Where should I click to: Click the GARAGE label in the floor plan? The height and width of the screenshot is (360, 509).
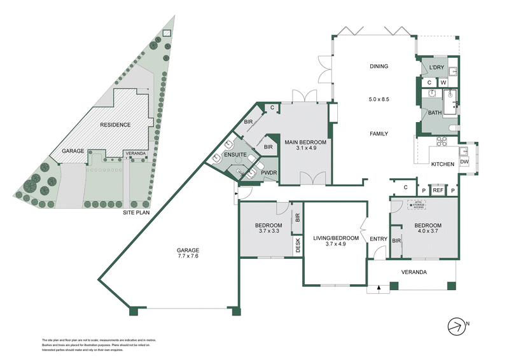[x=188, y=250]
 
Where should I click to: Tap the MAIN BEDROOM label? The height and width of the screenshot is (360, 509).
[x=305, y=141]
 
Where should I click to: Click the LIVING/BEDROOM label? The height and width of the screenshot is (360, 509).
[x=336, y=238]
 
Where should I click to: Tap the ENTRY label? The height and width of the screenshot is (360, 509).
[x=379, y=239]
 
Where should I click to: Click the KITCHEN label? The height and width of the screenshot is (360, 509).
[x=443, y=164]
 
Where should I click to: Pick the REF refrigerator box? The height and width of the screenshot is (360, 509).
[x=438, y=190]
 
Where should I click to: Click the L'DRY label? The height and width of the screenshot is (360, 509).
[x=436, y=67]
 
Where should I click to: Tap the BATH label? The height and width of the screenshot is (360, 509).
[x=434, y=113]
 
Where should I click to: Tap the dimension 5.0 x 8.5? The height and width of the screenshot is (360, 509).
[x=379, y=99]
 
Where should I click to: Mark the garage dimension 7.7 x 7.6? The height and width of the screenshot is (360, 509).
[x=188, y=258]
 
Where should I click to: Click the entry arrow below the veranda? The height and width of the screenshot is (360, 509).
[x=379, y=288]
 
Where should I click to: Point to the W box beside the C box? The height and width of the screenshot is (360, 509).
[x=443, y=82]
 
